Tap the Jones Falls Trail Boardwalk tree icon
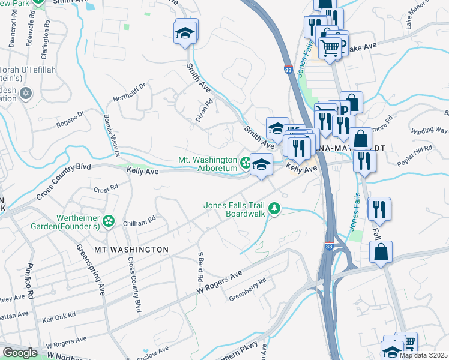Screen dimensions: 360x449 pos(274,208)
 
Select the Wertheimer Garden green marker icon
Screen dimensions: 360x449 pos(108,221)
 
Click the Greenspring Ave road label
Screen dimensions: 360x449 pos(89,269)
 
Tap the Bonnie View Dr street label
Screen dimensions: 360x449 pos(112,129)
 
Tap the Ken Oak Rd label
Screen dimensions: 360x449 pos(59,314)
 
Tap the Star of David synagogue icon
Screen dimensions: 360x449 pos(25,93)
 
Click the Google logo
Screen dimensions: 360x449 pos(20,353)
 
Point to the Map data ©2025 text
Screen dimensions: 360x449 pos(423,355)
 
